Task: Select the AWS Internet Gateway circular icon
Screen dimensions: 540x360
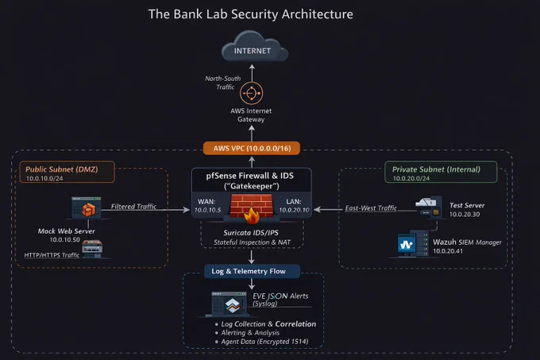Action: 252,93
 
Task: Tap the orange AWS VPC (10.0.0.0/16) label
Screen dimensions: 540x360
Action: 252,149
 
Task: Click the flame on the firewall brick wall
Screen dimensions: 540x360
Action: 252,216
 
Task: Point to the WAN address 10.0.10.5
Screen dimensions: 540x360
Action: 207,210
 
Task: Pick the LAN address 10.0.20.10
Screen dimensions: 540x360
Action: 294,210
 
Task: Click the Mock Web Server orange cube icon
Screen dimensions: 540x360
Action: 88,210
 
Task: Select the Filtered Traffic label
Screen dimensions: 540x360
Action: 133,207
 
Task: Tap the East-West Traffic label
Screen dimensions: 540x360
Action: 371,208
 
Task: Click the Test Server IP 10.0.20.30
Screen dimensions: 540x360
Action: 465,214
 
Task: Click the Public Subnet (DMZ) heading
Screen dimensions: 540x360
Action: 62,169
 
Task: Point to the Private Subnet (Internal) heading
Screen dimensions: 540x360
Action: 436,169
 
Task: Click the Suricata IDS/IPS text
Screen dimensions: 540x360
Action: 251,233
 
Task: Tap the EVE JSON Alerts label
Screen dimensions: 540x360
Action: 280,296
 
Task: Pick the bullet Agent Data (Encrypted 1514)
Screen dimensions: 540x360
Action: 264,342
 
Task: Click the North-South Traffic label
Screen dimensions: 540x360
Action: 223,83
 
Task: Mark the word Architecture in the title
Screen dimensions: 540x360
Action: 317,14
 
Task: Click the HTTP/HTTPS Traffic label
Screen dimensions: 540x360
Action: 52,255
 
